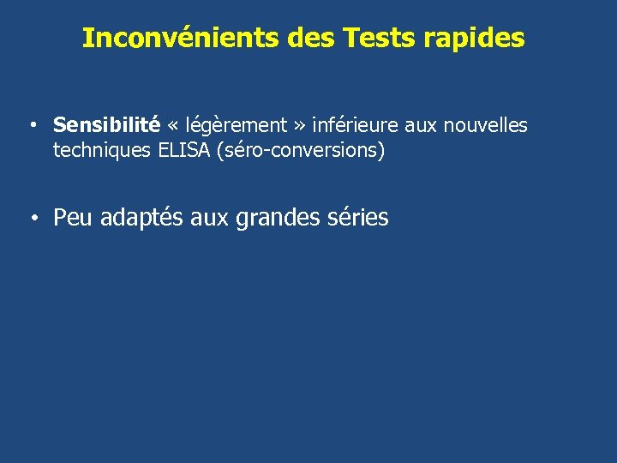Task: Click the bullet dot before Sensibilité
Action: click(x=30, y=126)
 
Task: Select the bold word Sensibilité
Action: click(x=106, y=125)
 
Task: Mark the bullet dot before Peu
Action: click(x=30, y=219)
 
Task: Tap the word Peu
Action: click(x=74, y=218)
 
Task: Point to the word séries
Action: click(x=358, y=218)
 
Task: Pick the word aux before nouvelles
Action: click(x=421, y=125)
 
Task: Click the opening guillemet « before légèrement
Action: click(x=173, y=126)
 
